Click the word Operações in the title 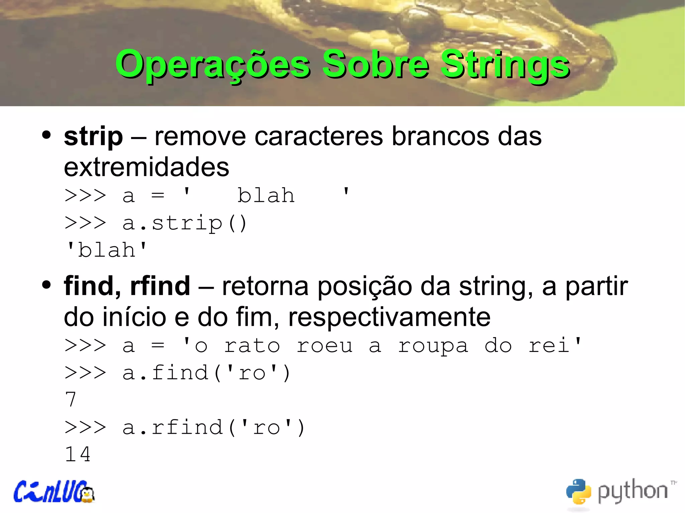pyautogui.click(x=213, y=65)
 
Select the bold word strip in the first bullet pyautogui.click(x=93, y=137)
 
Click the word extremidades pyautogui.click(x=146, y=167)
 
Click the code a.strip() pyautogui.click(x=184, y=223)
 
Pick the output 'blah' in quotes pyautogui.click(x=107, y=250)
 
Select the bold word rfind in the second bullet pyautogui.click(x=160, y=286)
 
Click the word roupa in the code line pyautogui.click(x=433, y=346)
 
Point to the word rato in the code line pyautogui.click(x=252, y=346)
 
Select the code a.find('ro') pyautogui.click(x=206, y=373)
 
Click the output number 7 pyautogui.click(x=71, y=400)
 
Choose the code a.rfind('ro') pyautogui.click(x=213, y=427)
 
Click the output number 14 pyautogui.click(x=78, y=455)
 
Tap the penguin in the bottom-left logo pyautogui.click(x=88, y=494)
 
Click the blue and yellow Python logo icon pyautogui.click(x=578, y=491)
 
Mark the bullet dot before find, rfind pyautogui.click(x=46, y=285)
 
